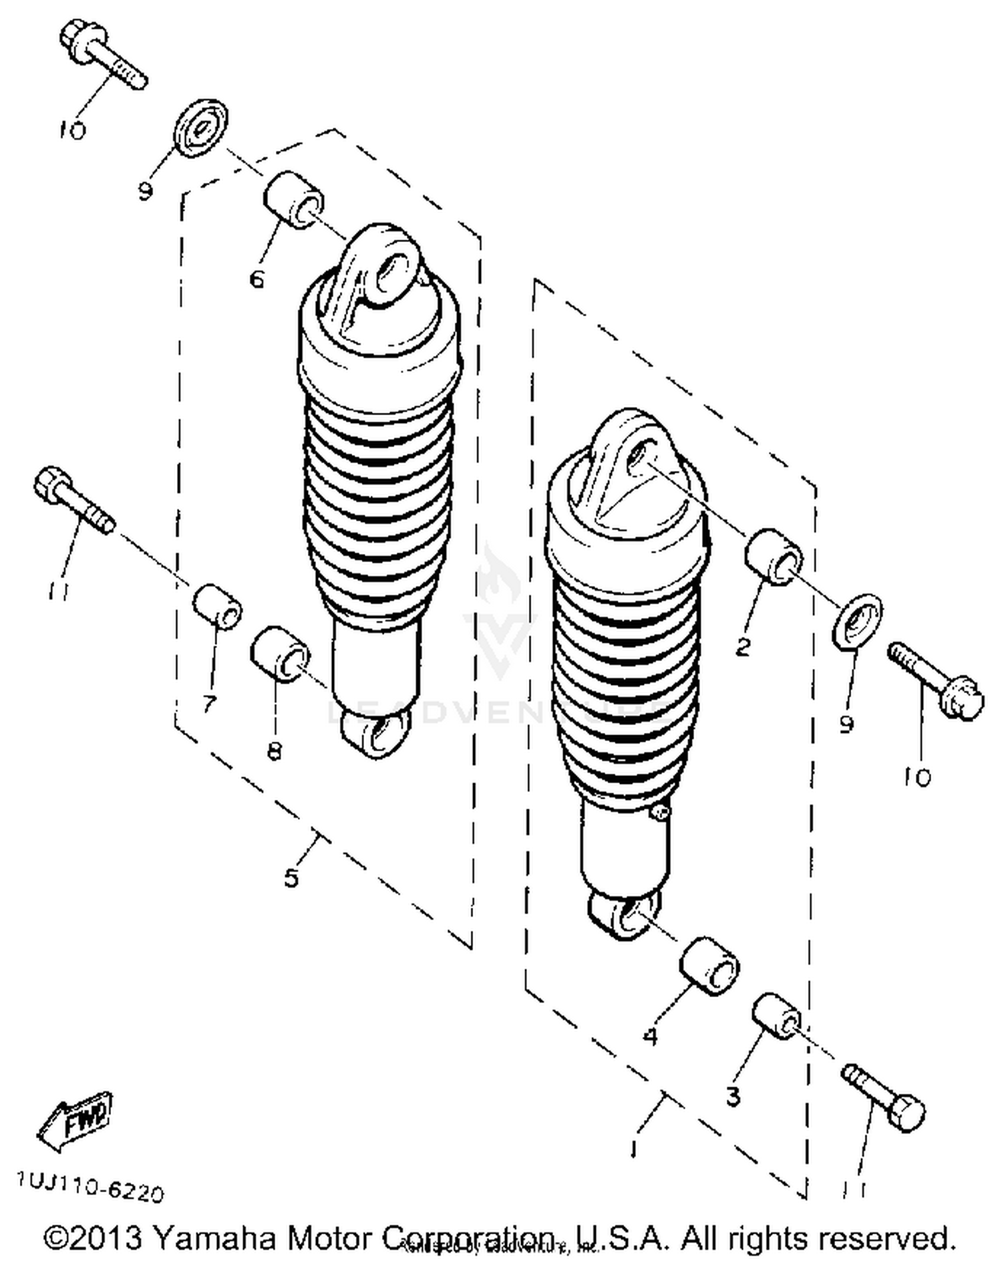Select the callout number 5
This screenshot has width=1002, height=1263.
291,877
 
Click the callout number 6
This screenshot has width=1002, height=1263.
257,279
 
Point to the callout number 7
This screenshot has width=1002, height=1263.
209,703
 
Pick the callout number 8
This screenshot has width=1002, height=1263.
274,751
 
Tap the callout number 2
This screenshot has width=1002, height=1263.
743,646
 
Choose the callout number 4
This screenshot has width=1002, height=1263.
650,1036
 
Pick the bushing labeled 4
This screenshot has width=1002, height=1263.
709,967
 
